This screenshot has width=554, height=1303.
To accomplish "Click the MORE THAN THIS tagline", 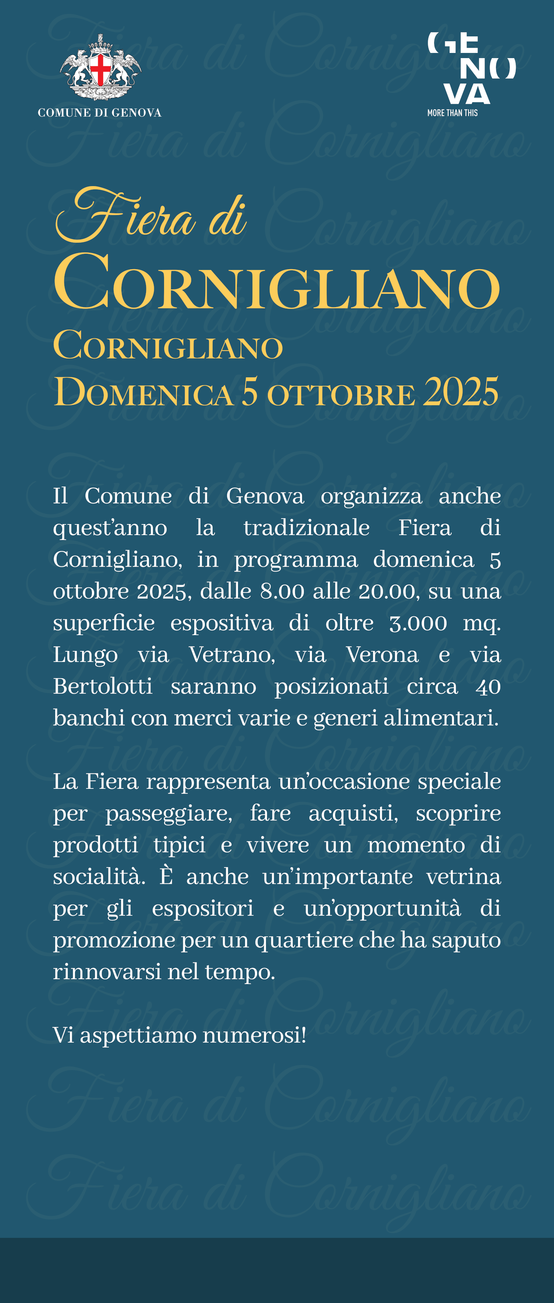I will [x=452, y=113].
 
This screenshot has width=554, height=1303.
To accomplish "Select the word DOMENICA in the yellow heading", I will [x=143, y=393].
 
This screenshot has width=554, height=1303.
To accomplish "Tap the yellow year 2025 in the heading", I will [x=461, y=392].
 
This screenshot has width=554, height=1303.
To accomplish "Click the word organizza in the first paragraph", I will [x=372, y=496].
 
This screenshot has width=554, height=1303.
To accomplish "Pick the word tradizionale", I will [x=306, y=528].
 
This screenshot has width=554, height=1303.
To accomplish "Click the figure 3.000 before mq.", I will [x=418, y=623].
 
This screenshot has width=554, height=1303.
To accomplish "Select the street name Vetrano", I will [x=232, y=655].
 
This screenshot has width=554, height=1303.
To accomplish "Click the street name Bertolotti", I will [x=103, y=686].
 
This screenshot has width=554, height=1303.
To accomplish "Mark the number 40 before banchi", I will [x=488, y=686].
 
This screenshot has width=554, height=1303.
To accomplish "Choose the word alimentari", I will [x=441, y=718].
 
